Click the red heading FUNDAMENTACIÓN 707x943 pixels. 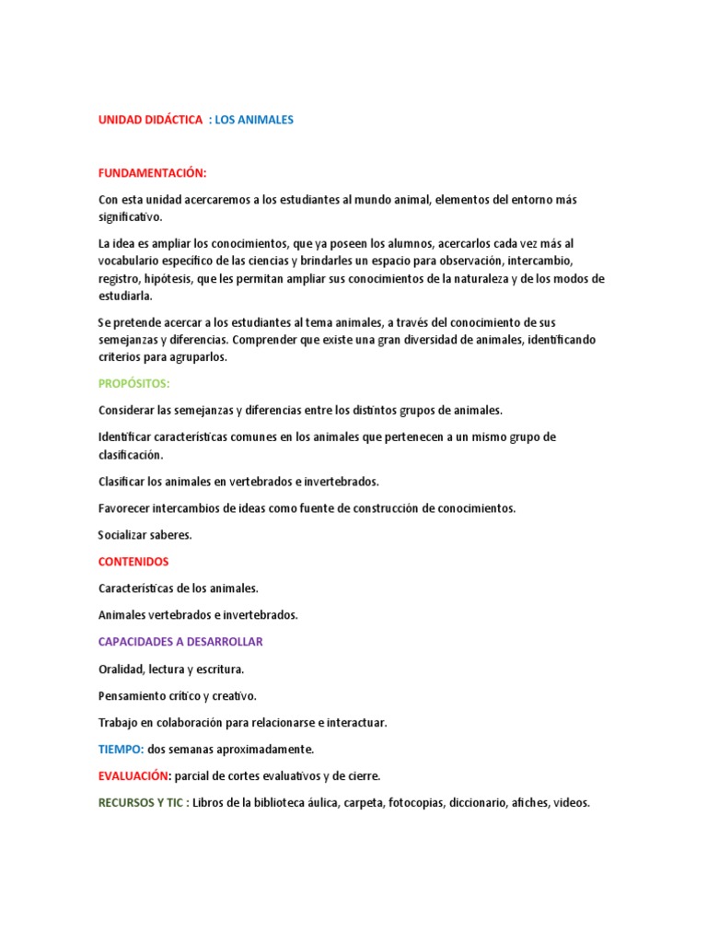click(x=153, y=173)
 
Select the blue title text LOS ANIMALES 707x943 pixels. click(x=254, y=120)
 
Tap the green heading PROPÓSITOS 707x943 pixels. click(x=134, y=383)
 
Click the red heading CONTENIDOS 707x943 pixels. click(x=133, y=561)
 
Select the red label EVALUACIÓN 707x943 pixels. click(x=134, y=775)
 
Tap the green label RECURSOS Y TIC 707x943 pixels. click(x=142, y=802)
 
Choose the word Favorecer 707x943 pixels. click(x=128, y=507)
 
